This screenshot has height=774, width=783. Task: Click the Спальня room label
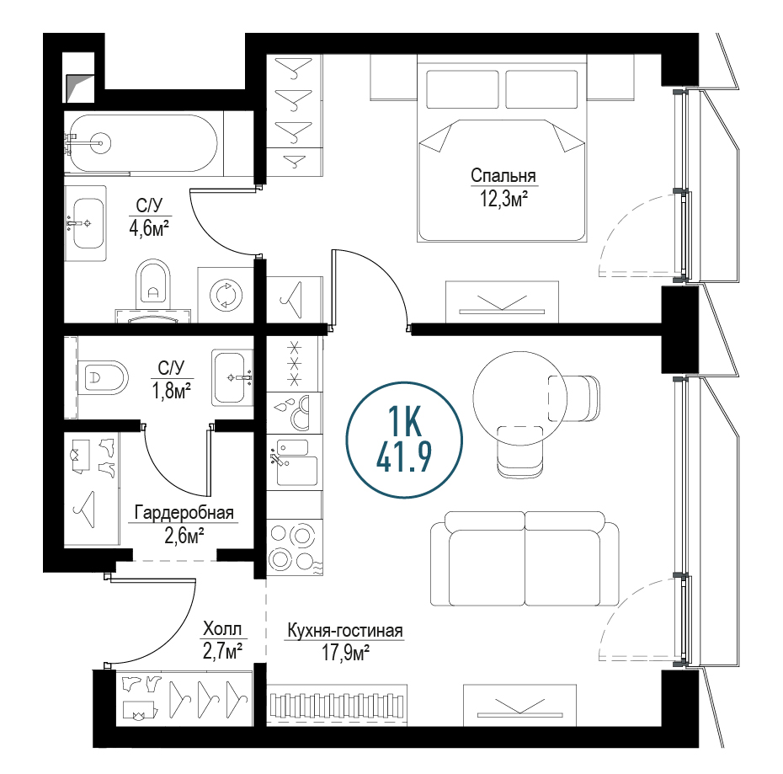pos(503,176)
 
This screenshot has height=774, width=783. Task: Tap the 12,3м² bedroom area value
pos(503,199)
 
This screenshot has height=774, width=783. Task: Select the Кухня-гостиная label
pos(345,631)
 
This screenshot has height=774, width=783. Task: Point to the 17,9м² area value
pos(345,653)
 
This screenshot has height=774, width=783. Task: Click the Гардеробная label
pos(184,513)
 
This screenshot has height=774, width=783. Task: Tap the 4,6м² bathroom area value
pos(149,229)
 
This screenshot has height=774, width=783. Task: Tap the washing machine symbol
pos(226,294)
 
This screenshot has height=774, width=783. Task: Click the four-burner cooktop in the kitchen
pos(295,547)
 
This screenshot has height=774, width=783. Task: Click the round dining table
pos(519,398)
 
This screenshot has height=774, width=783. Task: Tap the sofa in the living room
pos(525,558)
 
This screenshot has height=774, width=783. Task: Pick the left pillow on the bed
pos(462,89)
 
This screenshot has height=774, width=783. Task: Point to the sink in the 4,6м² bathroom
pos(88,223)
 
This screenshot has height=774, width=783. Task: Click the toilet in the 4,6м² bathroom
pos(153,285)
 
